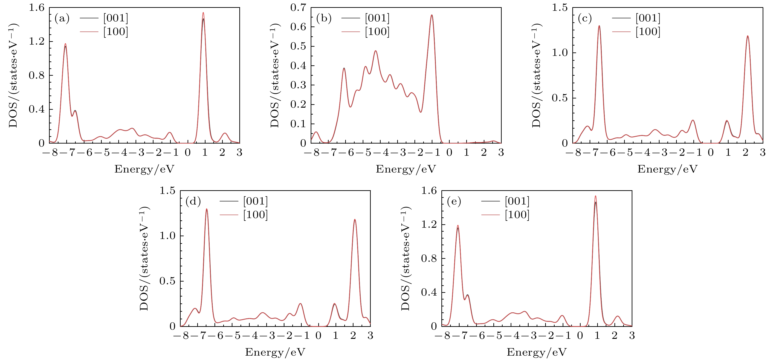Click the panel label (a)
[x=62, y=19]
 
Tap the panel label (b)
[x=324, y=19]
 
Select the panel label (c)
[x=585, y=19]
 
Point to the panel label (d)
[x=193, y=202]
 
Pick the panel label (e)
[x=454, y=202]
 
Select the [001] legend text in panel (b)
[x=377, y=18]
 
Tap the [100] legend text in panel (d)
[x=255, y=215]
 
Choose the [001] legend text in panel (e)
[x=517, y=201]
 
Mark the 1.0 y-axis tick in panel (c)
[x=560, y=53]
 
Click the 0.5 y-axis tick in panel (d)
[x=167, y=281]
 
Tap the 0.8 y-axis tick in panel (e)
[x=429, y=258]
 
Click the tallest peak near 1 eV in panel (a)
[x=203, y=13]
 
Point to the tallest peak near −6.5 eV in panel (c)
[x=599, y=26]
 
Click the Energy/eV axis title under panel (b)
[x=406, y=169]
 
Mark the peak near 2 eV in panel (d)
[x=355, y=220]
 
